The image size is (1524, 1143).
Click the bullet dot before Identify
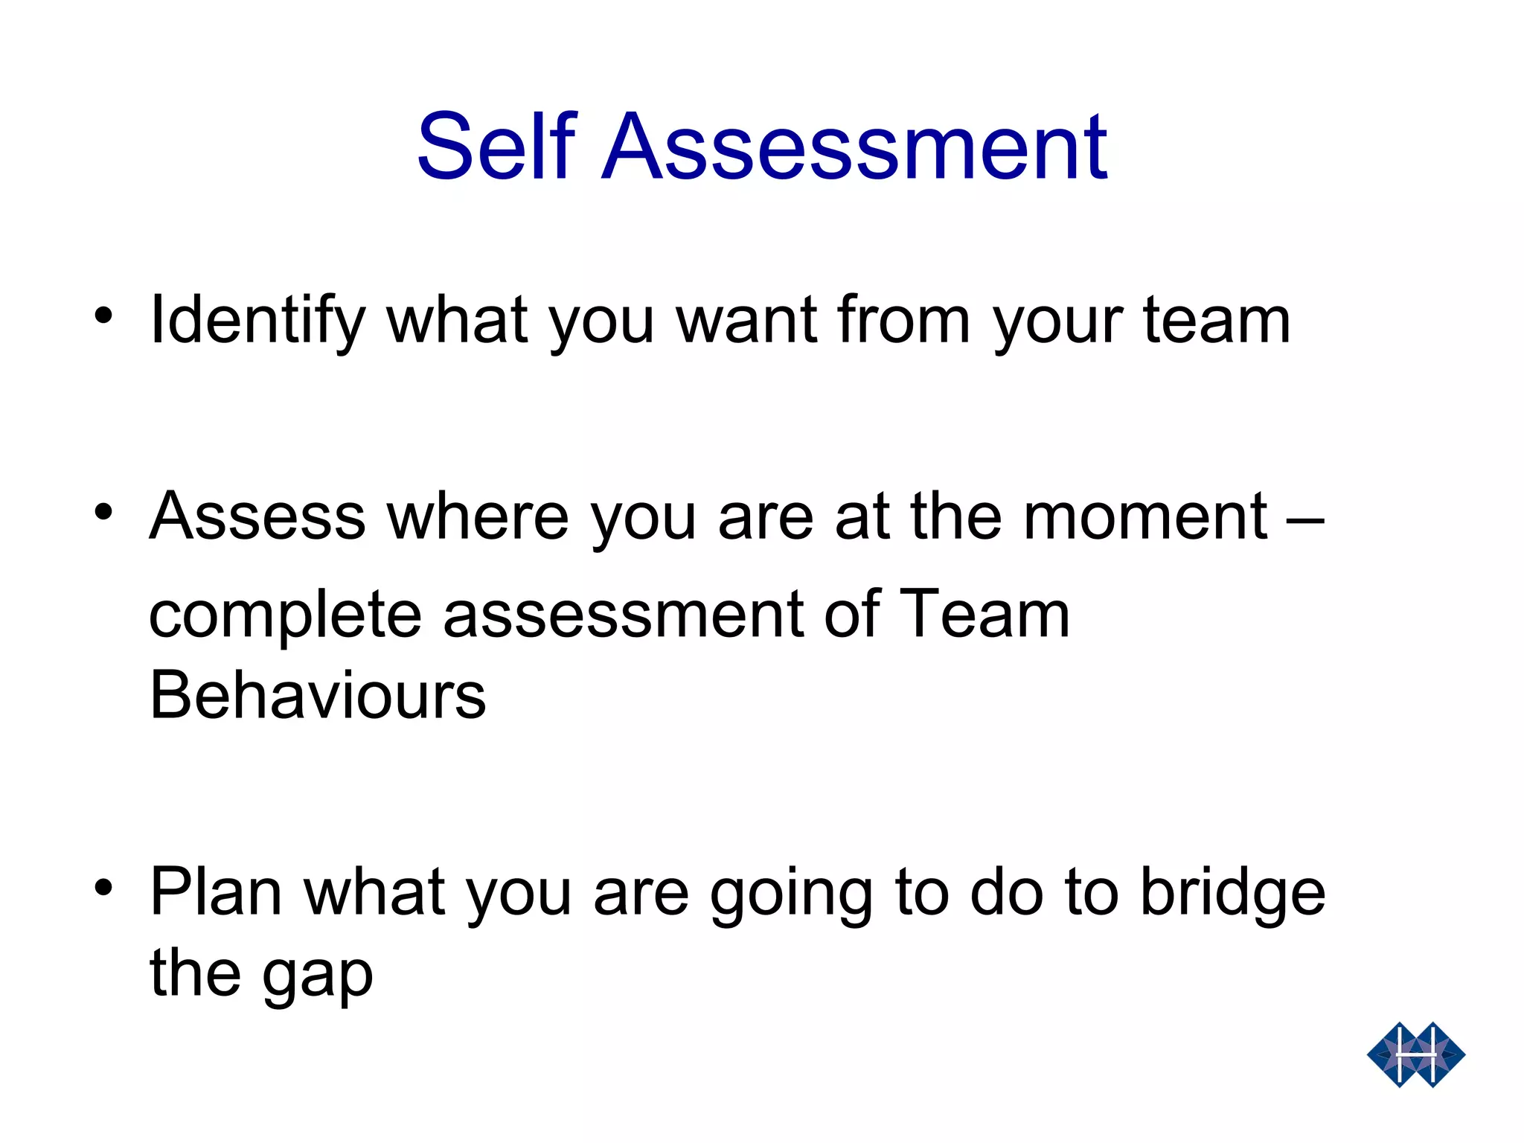pyautogui.click(x=103, y=316)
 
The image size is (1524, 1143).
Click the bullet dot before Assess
pyautogui.click(x=103, y=512)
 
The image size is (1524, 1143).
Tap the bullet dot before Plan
pyautogui.click(x=103, y=887)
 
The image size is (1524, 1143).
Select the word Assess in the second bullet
pyautogui.click(x=257, y=517)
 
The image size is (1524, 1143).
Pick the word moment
pyautogui.click(x=1145, y=517)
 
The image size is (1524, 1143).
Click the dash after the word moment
pyautogui.click(x=1304, y=518)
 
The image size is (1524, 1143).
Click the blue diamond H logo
pyautogui.click(x=1415, y=1054)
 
